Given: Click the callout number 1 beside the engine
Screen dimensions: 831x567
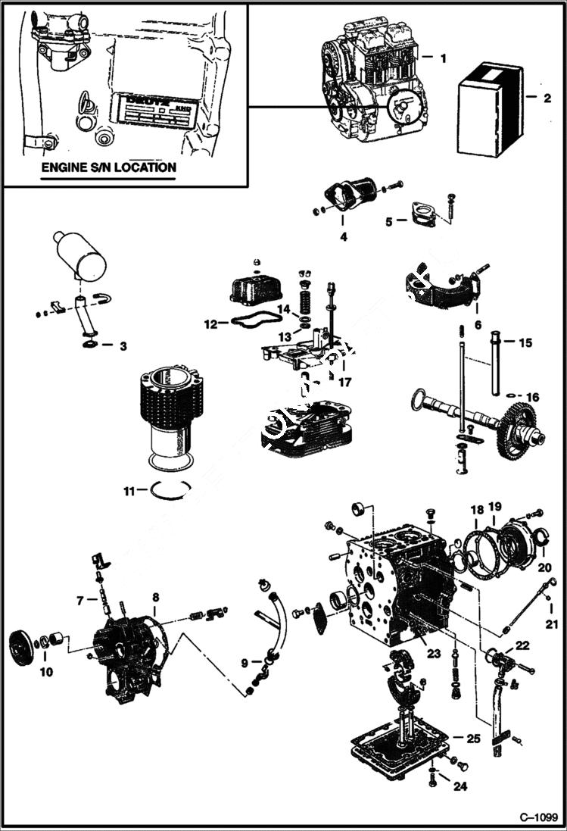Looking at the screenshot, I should [x=444, y=58].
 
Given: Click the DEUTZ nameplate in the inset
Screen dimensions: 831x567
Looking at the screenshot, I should [x=149, y=113].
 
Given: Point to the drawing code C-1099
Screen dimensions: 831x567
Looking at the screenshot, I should [x=538, y=818].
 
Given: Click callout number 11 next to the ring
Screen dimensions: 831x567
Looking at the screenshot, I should [x=130, y=491].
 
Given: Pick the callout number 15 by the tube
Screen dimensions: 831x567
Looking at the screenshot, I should [x=525, y=342].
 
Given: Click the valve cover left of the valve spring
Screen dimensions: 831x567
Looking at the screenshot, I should [x=255, y=289].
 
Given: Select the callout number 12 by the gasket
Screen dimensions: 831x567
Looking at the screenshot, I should [x=211, y=324].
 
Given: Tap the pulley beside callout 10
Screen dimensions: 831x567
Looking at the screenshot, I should [x=21, y=648].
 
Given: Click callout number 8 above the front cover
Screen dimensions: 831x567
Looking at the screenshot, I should [x=154, y=598].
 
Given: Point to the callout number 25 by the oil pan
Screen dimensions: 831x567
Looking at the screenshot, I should [x=473, y=738].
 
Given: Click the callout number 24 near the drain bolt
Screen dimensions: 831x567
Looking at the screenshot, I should [x=460, y=786].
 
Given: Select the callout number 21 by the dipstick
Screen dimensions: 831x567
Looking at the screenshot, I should [x=551, y=624].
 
